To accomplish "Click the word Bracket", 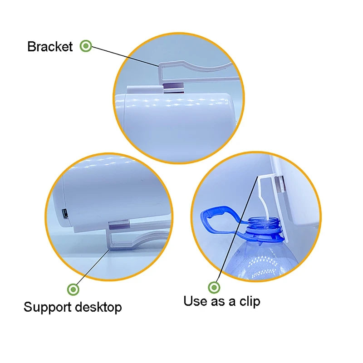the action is coord(50,47).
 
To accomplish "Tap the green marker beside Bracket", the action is coord(86,46).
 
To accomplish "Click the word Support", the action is coord(48,308).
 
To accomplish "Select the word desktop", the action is coord(98,307).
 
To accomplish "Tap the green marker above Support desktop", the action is coord(73,289).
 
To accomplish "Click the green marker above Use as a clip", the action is coord(214,288).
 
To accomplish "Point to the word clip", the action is coord(250,302).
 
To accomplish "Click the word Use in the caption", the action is coord(196,301).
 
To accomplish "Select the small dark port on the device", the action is coord(65,213).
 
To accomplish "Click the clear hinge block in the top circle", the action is coord(174,88).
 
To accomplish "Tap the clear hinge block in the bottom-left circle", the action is coord(118,225).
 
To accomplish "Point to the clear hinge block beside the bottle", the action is coord(280,185).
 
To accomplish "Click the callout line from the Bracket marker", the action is coord(125,56).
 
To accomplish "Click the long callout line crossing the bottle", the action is coord(237,229).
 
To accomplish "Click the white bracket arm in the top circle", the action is coord(197,69).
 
